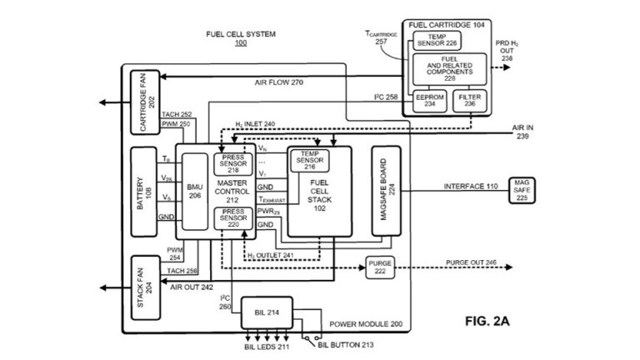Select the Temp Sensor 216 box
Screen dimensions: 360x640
309,158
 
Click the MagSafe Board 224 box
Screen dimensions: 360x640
385,190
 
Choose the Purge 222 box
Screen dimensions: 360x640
379,267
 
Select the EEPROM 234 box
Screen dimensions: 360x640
430,101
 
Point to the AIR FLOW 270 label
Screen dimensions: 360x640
278,83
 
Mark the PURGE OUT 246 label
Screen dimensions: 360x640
472,262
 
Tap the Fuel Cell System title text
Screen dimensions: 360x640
241,34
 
